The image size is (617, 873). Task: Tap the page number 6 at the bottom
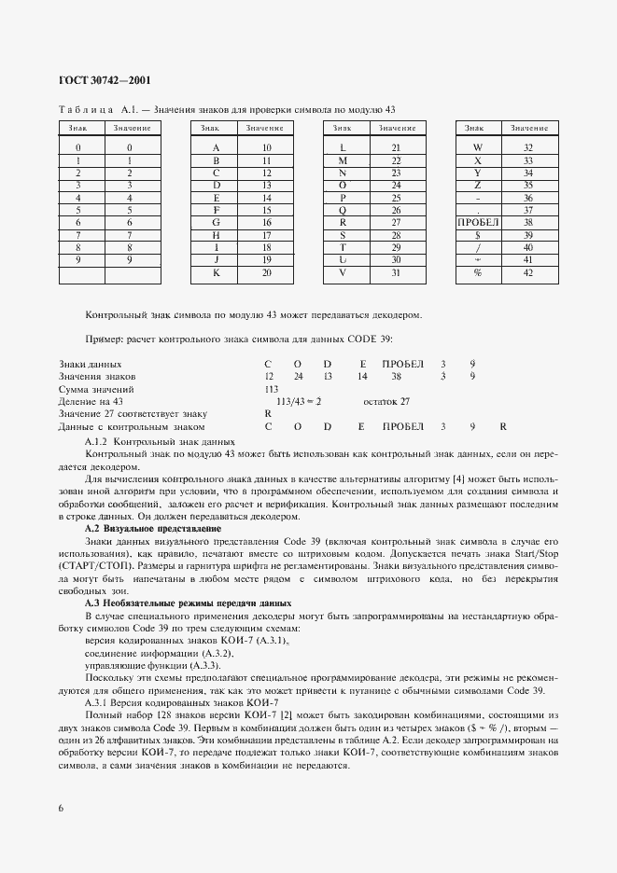point(61,808)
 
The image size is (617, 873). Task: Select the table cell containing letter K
point(216,272)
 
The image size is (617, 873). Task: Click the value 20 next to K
point(265,272)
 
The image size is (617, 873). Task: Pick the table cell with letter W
point(478,148)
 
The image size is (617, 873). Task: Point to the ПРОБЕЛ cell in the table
point(478,223)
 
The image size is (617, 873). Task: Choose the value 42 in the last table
point(528,272)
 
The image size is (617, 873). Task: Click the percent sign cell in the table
point(478,272)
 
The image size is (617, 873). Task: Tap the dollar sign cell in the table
point(478,235)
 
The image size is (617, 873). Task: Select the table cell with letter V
point(343,272)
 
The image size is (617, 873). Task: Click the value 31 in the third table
point(396,272)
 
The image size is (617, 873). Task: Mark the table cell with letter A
point(216,148)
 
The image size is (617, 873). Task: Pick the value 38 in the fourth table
point(528,223)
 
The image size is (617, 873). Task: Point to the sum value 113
point(272,388)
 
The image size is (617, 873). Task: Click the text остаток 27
point(386,400)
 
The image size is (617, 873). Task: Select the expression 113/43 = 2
point(292,400)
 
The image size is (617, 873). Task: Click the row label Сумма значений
point(96,388)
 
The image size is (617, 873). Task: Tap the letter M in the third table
point(343,160)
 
